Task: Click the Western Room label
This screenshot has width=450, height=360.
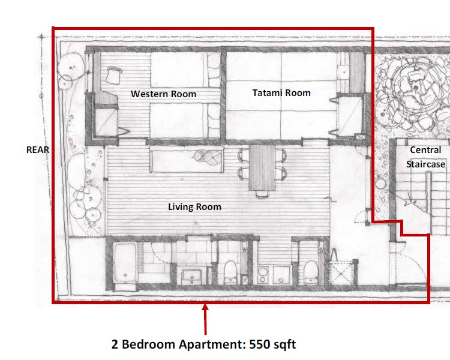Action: tap(163, 94)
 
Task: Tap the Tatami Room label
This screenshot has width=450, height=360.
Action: tap(281, 92)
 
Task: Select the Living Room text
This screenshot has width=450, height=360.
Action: tap(194, 207)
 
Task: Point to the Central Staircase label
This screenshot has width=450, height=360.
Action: tap(425, 157)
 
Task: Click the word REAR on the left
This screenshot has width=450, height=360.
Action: tap(37, 150)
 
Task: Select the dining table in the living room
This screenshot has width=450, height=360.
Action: tap(261, 167)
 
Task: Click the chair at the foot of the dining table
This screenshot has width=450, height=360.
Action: tap(261, 194)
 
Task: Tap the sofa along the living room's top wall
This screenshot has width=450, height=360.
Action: tap(185, 158)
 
